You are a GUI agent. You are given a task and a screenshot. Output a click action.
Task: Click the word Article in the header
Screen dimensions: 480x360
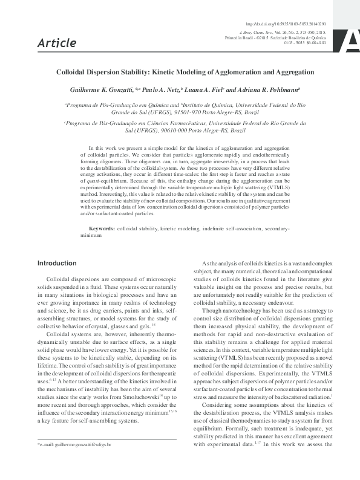[57, 43]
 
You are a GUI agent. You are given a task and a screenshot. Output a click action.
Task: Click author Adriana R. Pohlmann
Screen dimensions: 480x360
[270, 89]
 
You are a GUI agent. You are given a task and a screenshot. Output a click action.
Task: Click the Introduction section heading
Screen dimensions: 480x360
[57, 264]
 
